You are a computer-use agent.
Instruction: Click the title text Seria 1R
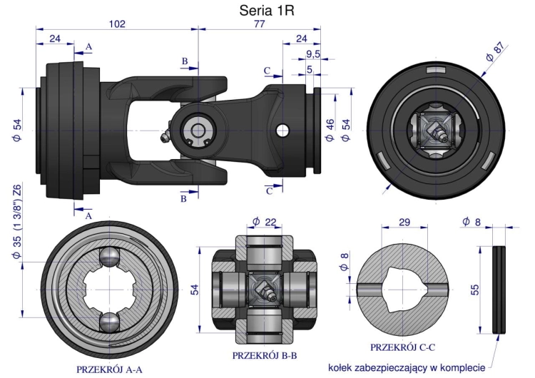[267, 10]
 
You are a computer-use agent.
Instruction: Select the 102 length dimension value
[117, 24]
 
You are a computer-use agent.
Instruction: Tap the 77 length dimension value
[260, 24]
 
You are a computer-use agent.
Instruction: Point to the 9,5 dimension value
[313, 54]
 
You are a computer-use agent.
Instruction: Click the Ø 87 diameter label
[495, 53]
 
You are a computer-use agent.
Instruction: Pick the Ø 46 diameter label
[330, 131]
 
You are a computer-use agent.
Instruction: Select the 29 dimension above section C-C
[404, 223]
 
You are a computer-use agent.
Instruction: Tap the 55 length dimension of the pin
[474, 290]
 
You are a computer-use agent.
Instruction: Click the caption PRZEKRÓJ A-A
[109, 369]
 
